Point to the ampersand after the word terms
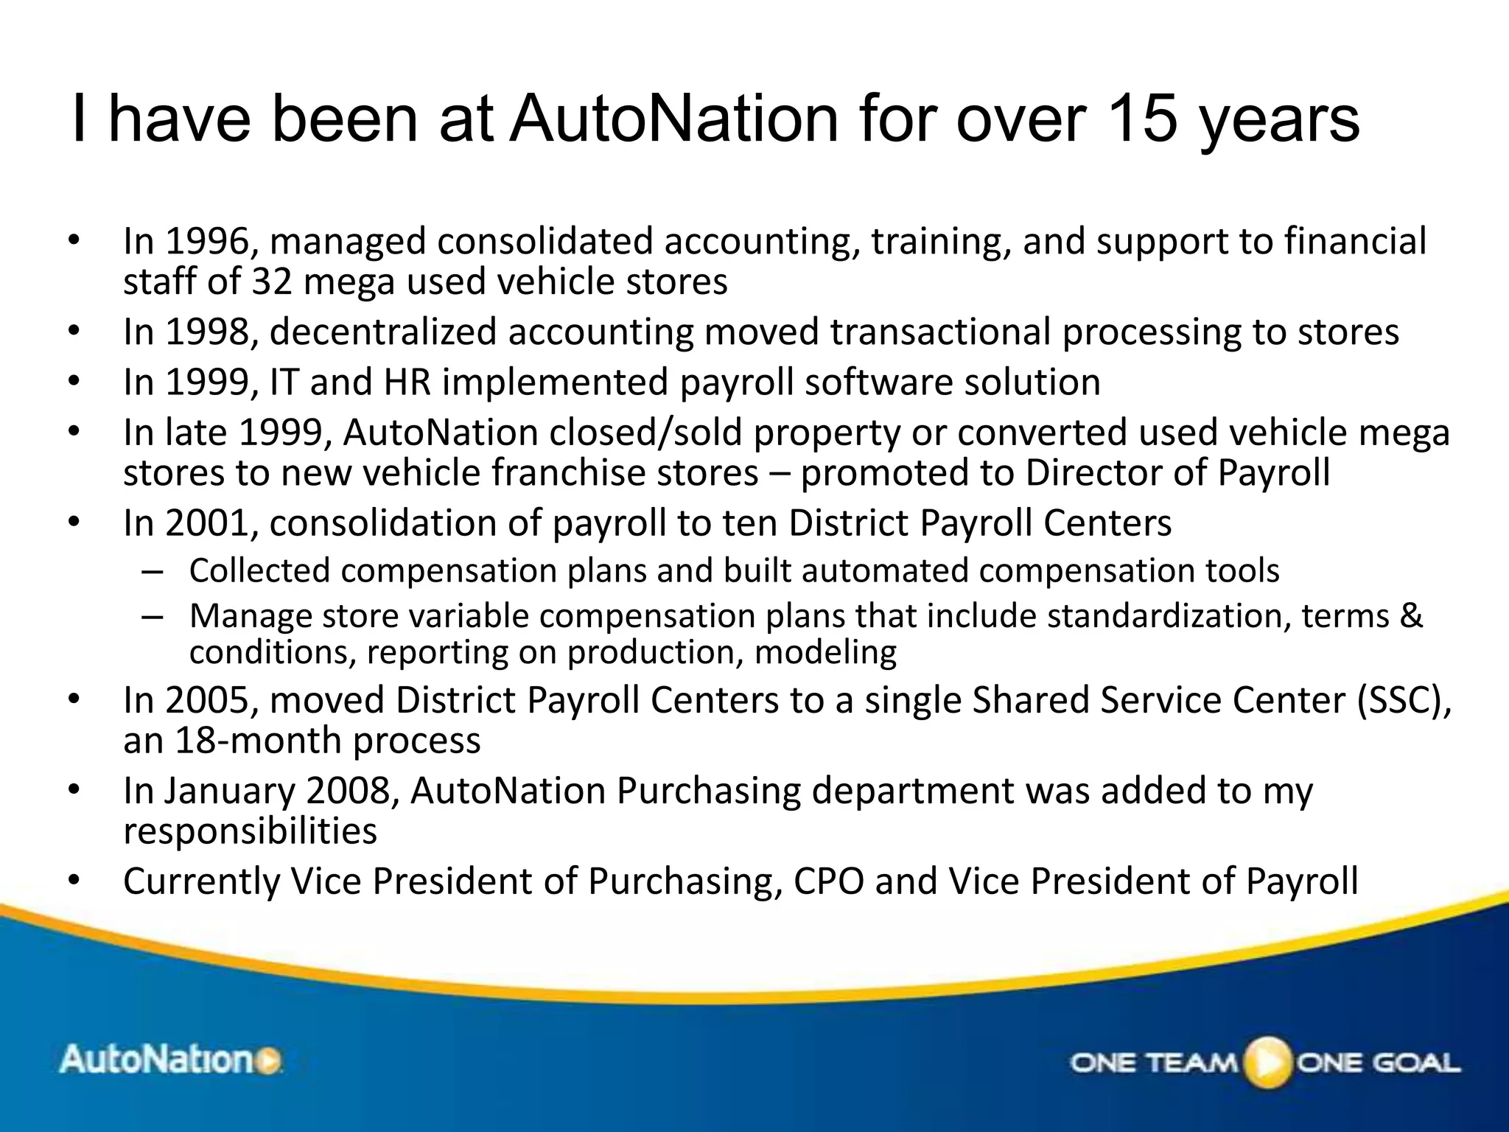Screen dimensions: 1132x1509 click(1410, 615)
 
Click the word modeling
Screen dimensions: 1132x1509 click(825, 652)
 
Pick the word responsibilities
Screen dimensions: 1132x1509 click(250, 831)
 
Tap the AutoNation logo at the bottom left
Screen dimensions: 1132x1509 click(170, 1061)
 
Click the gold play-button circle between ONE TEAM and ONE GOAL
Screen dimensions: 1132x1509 click(1268, 1062)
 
